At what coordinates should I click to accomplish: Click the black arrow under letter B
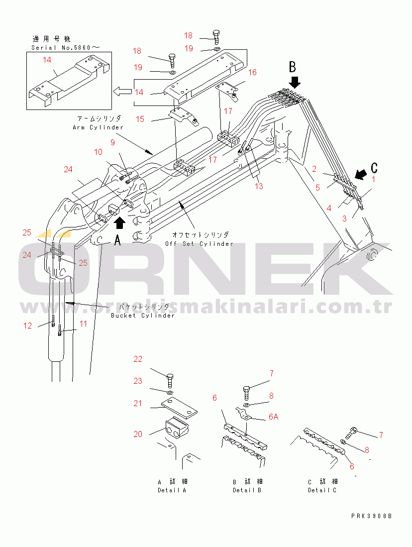pyautogui.click(x=295, y=82)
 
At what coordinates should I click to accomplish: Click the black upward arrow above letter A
pyautogui.click(x=119, y=222)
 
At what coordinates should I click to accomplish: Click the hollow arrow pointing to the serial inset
pyautogui.click(x=122, y=92)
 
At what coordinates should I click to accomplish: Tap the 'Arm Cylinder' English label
pyautogui.click(x=98, y=127)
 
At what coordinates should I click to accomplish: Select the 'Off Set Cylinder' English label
pyautogui.click(x=199, y=244)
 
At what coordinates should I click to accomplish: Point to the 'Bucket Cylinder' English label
pyautogui.click(x=142, y=316)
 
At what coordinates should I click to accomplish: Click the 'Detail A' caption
pyautogui.click(x=172, y=490)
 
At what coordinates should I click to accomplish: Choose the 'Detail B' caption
pyautogui.click(x=247, y=490)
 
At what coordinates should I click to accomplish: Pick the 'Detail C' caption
pyautogui.click(x=322, y=490)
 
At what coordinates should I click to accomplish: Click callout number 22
pyautogui.click(x=138, y=359)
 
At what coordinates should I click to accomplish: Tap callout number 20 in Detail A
pyautogui.click(x=138, y=434)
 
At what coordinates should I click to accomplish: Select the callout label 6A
pyautogui.click(x=273, y=417)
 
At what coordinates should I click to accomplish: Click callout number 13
pyautogui.click(x=259, y=186)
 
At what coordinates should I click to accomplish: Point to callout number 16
pyautogui.click(x=252, y=72)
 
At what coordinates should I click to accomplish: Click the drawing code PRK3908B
pyautogui.click(x=372, y=516)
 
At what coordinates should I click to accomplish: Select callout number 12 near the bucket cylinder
pyautogui.click(x=27, y=326)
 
